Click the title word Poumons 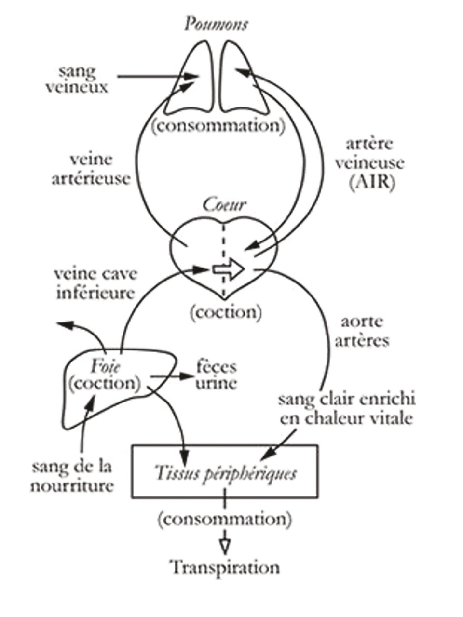point(216,24)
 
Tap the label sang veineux point(77,79)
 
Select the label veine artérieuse point(91,169)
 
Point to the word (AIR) point(370,183)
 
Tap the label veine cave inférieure point(95,283)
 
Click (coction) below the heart point(226,312)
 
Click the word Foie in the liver point(105,367)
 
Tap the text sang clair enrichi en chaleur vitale point(347,409)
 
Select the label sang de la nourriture point(72,475)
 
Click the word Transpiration point(225,567)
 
